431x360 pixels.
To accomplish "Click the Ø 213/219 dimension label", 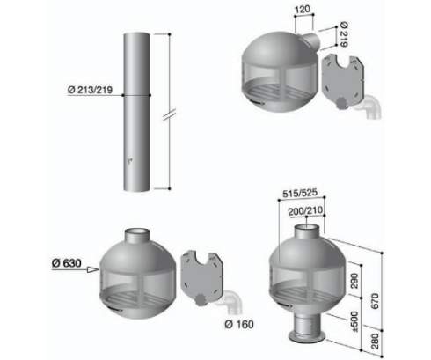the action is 90,90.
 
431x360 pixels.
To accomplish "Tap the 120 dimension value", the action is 303,10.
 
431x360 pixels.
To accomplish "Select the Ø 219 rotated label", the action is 344,34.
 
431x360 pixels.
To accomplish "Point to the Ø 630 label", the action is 67,263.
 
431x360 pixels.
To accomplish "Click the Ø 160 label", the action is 239,324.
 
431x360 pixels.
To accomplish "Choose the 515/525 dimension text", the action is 300,193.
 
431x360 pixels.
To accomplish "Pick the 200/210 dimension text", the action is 305,211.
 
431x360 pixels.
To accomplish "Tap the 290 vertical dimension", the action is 354,281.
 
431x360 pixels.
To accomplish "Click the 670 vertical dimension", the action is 375,301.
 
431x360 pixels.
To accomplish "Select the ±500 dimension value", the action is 354,321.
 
